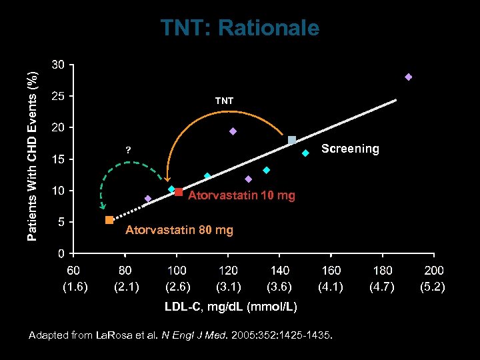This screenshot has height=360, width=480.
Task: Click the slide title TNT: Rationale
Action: click(x=239, y=28)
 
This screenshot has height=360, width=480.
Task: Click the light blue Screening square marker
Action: click(x=292, y=140)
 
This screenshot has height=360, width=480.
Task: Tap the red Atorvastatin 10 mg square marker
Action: click(x=179, y=192)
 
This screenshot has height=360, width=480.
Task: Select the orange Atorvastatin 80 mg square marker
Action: click(x=109, y=220)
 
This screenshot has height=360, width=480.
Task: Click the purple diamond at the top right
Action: click(x=409, y=77)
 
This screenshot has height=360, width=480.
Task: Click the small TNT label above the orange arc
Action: click(x=224, y=101)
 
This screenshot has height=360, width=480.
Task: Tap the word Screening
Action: click(x=350, y=149)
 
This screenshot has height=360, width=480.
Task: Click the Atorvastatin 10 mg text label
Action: click(x=241, y=195)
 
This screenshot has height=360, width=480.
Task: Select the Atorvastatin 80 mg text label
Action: click(x=179, y=231)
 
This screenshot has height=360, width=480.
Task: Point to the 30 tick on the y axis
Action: click(x=59, y=65)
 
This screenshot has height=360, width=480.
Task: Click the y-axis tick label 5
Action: click(x=61, y=222)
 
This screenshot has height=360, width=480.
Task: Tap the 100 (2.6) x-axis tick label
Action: click(x=177, y=279)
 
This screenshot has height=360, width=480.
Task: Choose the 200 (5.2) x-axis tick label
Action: click(x=434, y=279)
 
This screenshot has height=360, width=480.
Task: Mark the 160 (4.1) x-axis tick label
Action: click(x=331, y=279)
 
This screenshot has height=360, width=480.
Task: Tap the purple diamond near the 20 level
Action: click(x=233, y=131)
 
